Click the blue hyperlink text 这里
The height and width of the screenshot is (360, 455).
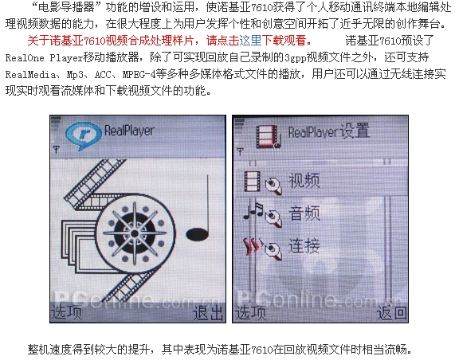250,41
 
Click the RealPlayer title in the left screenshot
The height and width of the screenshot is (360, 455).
129,131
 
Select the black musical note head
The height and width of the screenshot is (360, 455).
198,234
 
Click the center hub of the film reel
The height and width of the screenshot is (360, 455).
135,233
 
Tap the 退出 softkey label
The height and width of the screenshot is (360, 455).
207,313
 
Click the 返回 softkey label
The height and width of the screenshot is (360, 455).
392,313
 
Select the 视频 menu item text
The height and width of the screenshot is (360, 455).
304,181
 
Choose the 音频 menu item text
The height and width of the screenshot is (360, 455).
304,213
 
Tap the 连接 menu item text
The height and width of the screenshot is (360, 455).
304,245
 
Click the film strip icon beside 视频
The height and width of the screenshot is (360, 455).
253,182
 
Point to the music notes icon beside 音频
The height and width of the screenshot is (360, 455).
253,210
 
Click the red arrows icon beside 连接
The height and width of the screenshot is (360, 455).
253,246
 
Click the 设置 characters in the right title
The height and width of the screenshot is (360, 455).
355,131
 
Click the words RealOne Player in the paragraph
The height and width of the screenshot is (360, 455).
45,57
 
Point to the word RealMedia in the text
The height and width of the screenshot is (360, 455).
30,75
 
